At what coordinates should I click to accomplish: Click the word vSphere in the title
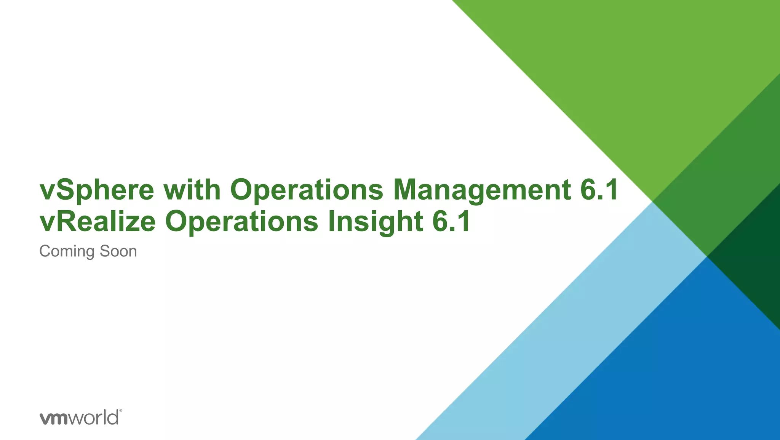(97, 190)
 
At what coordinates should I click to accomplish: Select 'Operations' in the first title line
(307, 190)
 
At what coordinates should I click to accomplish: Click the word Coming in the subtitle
(67, 252)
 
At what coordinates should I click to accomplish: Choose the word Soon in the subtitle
(118, 251)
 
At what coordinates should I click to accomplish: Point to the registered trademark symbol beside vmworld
(121, 411)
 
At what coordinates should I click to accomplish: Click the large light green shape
(628, 76)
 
